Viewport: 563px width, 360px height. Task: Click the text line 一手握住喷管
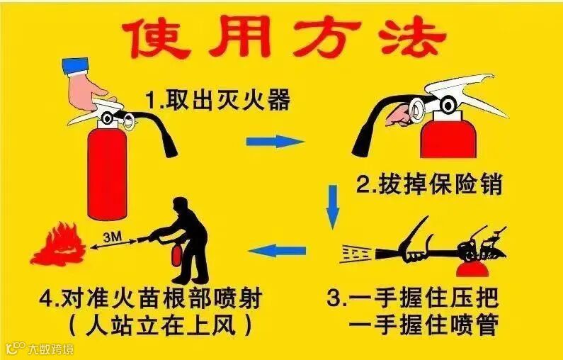[423, 325]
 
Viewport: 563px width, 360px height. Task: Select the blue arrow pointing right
[275, 141]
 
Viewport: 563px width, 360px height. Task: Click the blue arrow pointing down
[333, 207]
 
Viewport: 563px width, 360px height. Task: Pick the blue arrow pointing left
[277, 250]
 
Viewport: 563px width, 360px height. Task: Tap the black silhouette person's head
[181, 206]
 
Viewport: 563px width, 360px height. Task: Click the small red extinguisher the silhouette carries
[176, 254]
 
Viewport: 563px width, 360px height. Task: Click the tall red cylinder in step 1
[108, 172]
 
